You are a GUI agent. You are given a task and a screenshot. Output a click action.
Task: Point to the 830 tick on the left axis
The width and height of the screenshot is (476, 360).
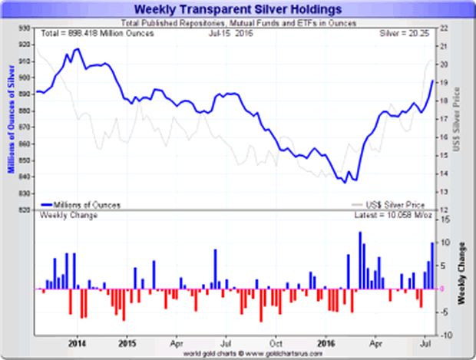click(x=25, y=193)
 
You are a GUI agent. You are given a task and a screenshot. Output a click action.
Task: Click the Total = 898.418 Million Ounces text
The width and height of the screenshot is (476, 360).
click(x=91, y=35)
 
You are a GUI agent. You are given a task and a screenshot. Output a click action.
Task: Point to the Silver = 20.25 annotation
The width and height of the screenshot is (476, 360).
click(x=407, y=35)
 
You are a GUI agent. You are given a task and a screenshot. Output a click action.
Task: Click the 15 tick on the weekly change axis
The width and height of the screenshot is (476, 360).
click(x=445, y=220)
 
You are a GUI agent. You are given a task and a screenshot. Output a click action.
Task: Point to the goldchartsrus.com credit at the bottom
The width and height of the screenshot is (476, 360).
click(x=238, y=353)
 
